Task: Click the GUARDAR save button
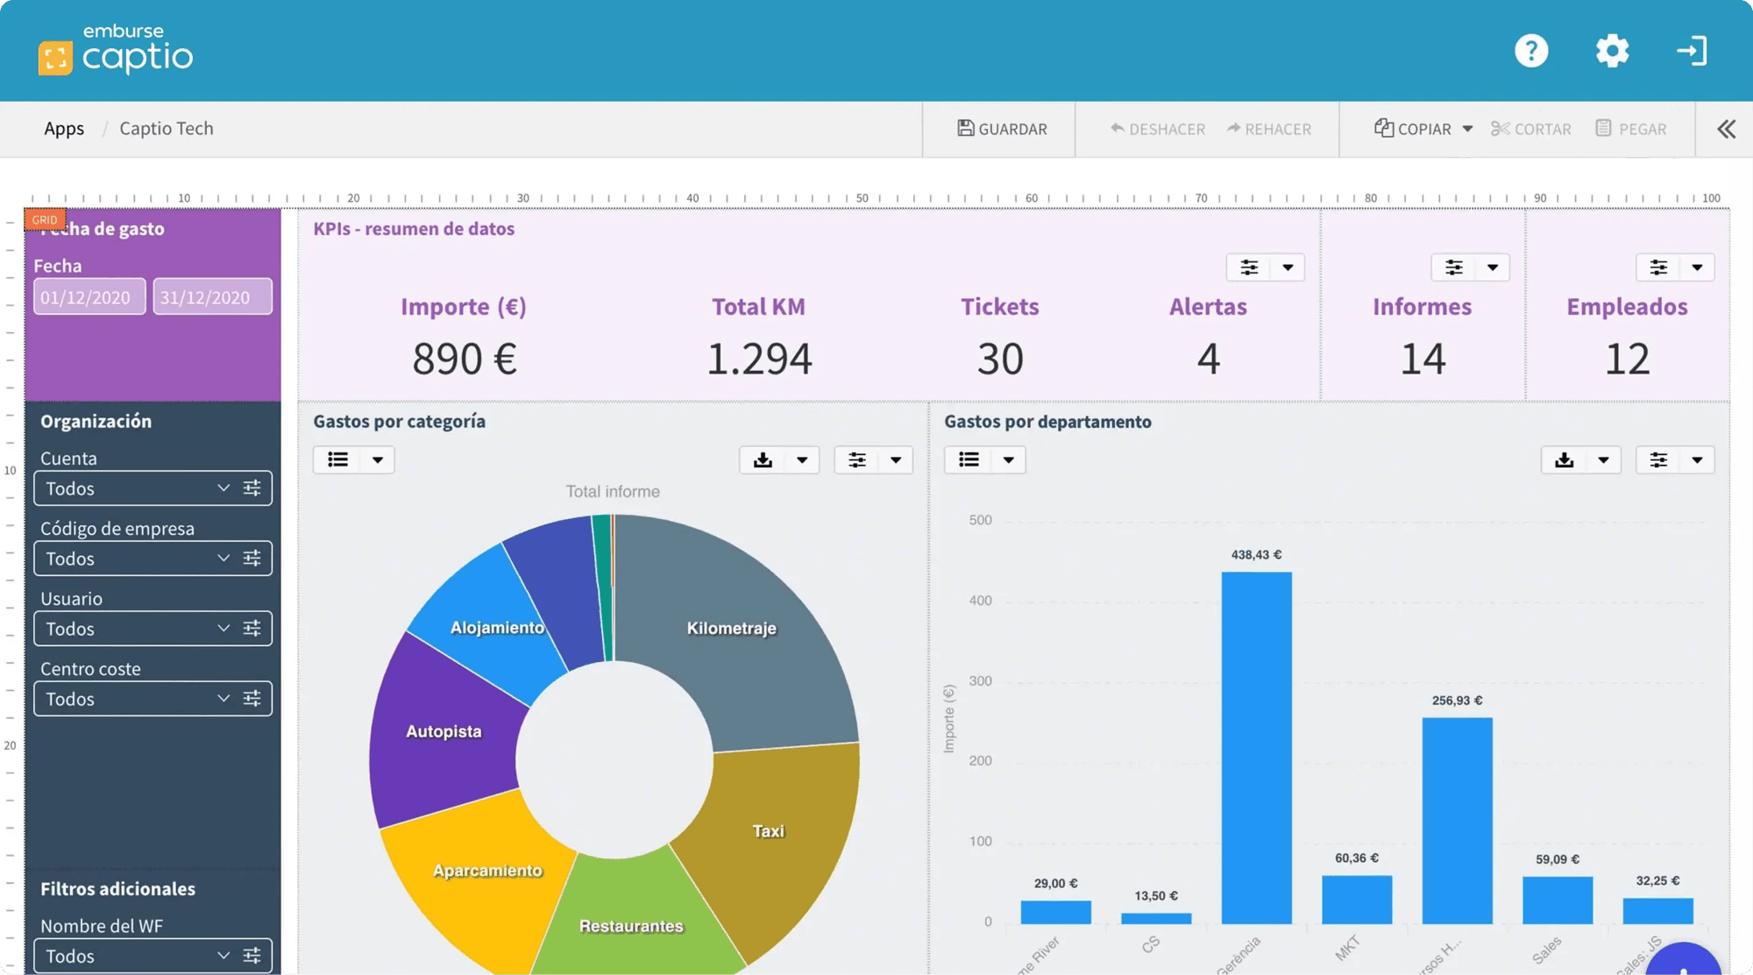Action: pyautogui.click(x=1002, y=129)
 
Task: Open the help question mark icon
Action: pyautogui.click(x=1531, y=51)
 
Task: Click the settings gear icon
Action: pyautogui.click(x=1612, y=51)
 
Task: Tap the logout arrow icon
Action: pyautogui.click(x=1692, y=51)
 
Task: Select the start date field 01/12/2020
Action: pyautogui.click(x=89, y=297)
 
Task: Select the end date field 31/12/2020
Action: pyautogui.click(x=212, y=297)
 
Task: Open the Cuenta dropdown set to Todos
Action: pyautogui.click(x=136, y=488)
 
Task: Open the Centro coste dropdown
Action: pyautogui.click(x=136, y=699)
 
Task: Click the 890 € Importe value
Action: pyautogui.click(x=465, y=359)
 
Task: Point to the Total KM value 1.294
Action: pyautogui.click(x=759, y=359)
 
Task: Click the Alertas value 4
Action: pyautogui.click(x=1208, y=359)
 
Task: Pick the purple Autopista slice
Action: pyautogui.click(x=444, y=731)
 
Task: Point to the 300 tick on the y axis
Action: pyautogui.click(x=980, y=681)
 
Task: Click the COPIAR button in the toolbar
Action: pyautogui.click(x=1414, y=129)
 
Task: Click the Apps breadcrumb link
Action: pyautogui.click(x=64, y=129)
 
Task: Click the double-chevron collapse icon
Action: pyautogui.click(x=1726, y=129)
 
